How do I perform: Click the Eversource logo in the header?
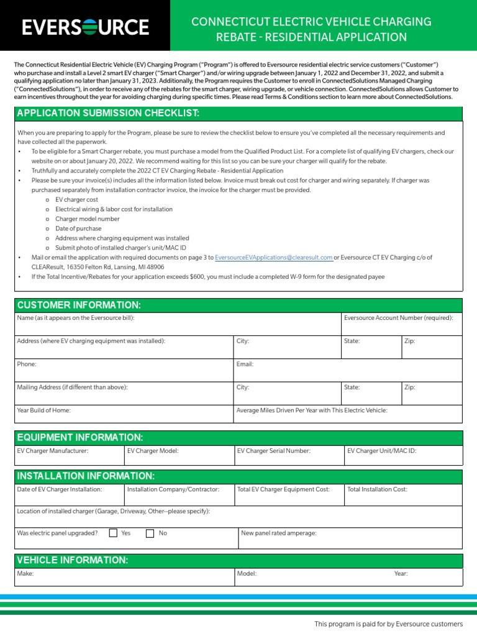(x=85, y=27)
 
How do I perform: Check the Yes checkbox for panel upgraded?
(x=113, y=533)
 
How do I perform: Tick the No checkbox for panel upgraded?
(x=150, y=533)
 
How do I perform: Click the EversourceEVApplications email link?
(x=273, y=257)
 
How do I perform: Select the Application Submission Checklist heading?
(x=109, y=113)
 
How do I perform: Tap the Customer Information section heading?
(x=79, y=305)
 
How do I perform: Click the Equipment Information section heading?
(x=80, y=438)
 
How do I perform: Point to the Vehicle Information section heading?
(x=73, y=560)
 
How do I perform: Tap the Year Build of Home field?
(x=124, y=416)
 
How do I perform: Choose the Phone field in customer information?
(x=124, y=370)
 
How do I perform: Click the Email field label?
(x=245, y=364)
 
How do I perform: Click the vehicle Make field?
(x=124, y=578)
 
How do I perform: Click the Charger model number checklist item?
(x=87, y=219)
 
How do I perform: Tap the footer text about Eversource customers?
(x=388, y=624)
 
